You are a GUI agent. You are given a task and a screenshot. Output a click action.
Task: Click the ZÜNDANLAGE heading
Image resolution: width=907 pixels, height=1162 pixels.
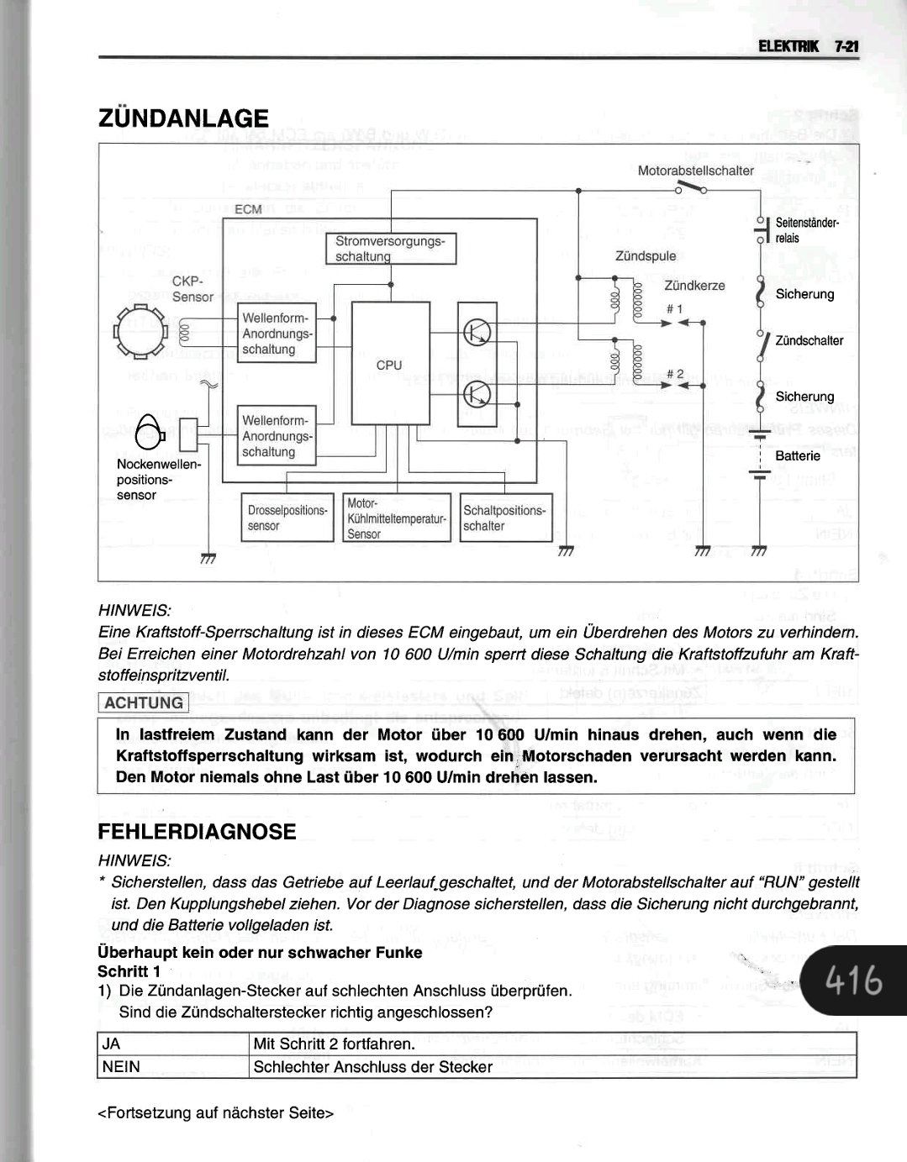(x=183, y=118)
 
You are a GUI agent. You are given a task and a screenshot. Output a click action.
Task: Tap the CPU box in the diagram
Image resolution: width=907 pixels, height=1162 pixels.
(x=389, y=365)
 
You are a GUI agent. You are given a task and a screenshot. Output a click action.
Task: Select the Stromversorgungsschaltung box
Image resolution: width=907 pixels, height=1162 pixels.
(x=390, y=249)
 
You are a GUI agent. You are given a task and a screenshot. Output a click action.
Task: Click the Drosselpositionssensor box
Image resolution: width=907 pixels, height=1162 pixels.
(x=287, y=518)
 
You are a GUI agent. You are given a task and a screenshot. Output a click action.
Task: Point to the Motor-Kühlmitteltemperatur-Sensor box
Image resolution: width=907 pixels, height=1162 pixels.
(x=396, y=518)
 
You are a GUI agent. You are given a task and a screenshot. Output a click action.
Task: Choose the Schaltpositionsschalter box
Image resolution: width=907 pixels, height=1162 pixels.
(x=505, y=518)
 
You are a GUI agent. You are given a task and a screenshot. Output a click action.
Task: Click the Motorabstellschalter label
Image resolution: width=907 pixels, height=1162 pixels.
(x=695, y=171)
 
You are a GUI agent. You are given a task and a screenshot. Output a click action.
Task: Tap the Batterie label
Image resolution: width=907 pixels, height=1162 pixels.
(x=798, y=455)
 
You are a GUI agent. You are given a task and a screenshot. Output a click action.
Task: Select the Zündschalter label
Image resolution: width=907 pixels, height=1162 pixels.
(x=809, y=341)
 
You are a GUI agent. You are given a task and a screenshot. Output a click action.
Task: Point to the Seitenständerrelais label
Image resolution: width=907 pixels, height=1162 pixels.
(x=806, y=230)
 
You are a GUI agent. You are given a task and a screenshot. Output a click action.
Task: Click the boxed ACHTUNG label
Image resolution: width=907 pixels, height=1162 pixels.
(x=144, y=702)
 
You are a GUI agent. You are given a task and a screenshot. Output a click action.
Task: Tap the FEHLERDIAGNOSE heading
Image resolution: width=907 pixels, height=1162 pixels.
(x=197, y=832)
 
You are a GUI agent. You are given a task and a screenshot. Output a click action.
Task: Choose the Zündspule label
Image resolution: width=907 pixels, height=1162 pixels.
(x=645, y=255)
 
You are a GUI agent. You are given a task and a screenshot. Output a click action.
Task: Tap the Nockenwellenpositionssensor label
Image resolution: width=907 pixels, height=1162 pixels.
(x=158, y=480)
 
